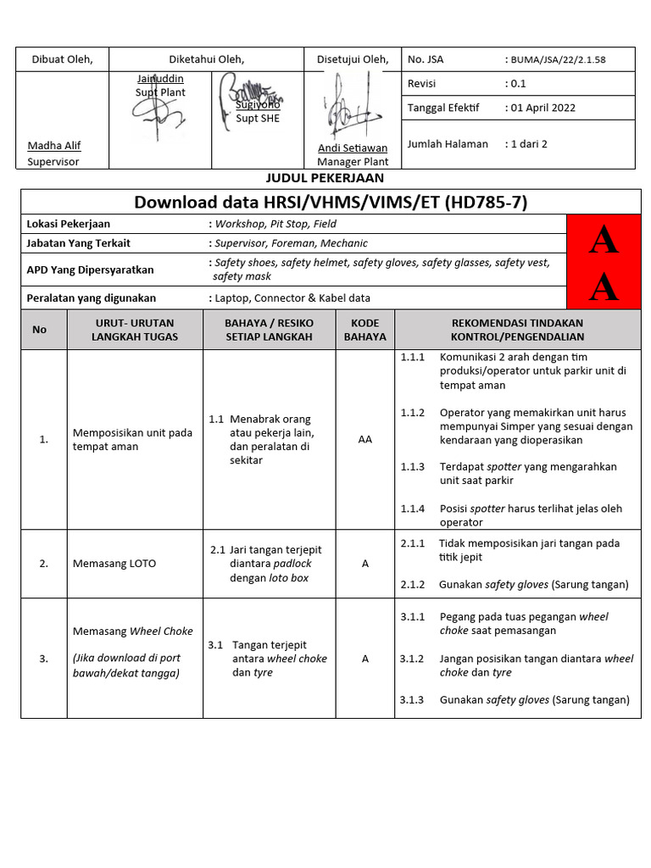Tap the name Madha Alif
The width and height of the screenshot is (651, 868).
point(53,146)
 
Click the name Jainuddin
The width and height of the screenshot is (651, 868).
point(160,79)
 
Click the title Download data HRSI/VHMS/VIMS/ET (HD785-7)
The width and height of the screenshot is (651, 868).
point(331,202)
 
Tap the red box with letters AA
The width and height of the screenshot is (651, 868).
point(604,263)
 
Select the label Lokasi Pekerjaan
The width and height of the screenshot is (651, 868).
point(69,224)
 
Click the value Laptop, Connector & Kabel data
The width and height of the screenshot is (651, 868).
point(292,298)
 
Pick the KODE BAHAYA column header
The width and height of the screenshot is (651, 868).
point(364,330)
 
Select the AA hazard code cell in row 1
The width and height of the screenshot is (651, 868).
point(364,440)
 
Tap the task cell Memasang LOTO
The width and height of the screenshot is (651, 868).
point(114,564)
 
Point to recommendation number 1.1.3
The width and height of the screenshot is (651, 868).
point(412,467)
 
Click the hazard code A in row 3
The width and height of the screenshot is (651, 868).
point(364,659)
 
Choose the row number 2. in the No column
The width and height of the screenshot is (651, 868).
point(43,564)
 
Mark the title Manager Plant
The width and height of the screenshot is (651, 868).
point(353,162)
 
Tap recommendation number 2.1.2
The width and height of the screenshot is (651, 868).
point(412,585)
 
